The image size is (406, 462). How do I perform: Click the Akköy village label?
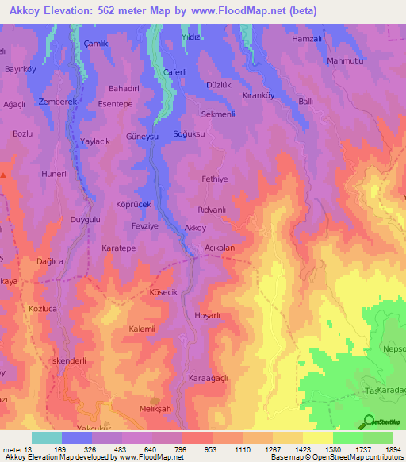click(x=194, y=228)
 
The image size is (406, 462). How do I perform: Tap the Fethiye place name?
click(x=214, y=179)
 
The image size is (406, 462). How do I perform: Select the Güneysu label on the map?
click(x=143, y=137)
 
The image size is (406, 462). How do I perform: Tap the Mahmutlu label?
click(x=345, y=60)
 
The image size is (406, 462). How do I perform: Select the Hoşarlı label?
click(x=207, y=315)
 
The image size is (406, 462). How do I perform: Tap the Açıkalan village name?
click(x=220, y=248)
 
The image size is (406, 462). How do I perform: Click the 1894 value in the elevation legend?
click(x=393, y=449)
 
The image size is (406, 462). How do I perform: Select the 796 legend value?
click(x=182, y=449)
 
